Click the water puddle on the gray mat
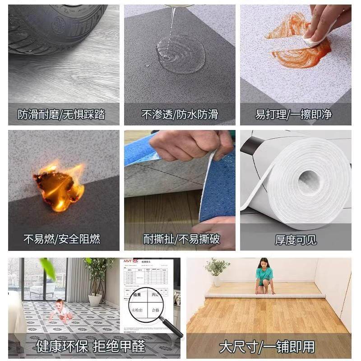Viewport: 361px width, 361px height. click(x=181, y=54)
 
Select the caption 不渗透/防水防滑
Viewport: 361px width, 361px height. click(x=180, y=115)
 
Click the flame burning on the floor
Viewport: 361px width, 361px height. click(x=59, y=185)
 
